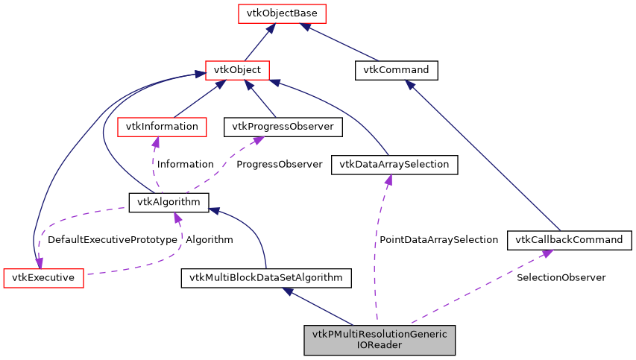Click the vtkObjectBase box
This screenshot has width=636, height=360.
pos(271,13)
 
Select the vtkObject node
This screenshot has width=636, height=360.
pos(236,70)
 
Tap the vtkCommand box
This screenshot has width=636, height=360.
pos(395,70)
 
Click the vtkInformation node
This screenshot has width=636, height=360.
pos(161,127)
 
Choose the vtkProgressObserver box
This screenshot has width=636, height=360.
pos(283,127)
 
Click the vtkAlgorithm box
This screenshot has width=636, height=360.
pos(169,202)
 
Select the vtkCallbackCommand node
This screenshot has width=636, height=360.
pos(570,240)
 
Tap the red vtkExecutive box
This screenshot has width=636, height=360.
pos(43,278)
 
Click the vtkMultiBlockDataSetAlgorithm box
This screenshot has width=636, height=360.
pos(266,278)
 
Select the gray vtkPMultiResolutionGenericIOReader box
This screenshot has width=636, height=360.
pos(380,339)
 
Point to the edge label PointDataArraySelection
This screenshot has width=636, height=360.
pos(438,240)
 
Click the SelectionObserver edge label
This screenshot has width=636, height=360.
pos(561,277)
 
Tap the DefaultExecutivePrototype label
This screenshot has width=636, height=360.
pos(112,240)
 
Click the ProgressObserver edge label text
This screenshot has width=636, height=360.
pos(279,164)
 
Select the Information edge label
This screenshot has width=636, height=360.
pos(185,164)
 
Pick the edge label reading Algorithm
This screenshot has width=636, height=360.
pos(209,240)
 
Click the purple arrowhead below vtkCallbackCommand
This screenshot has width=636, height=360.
pos(547,253)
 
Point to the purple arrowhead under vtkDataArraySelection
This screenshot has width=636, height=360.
pos(388,180)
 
